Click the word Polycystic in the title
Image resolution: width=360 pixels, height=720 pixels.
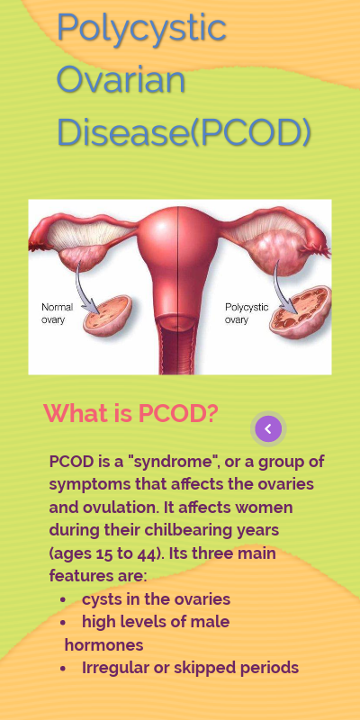click(141, 29)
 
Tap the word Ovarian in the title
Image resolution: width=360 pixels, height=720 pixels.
click(121, 79)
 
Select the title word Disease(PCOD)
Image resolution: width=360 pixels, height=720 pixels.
click(184, 132)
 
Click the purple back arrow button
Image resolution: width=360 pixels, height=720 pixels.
click(268, 429)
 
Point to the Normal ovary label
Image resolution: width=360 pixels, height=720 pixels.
click(57, 313)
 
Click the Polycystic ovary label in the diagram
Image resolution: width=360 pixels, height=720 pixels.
click(247, 313)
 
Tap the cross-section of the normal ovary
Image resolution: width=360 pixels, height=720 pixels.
click(107, 315)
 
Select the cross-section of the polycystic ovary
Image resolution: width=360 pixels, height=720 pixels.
click(300, 312)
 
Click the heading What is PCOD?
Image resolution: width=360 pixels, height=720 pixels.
click(130, 413)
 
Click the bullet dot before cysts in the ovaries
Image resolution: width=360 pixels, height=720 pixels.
click(63, 600)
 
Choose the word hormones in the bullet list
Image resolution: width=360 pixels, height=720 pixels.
click(103, 645)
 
